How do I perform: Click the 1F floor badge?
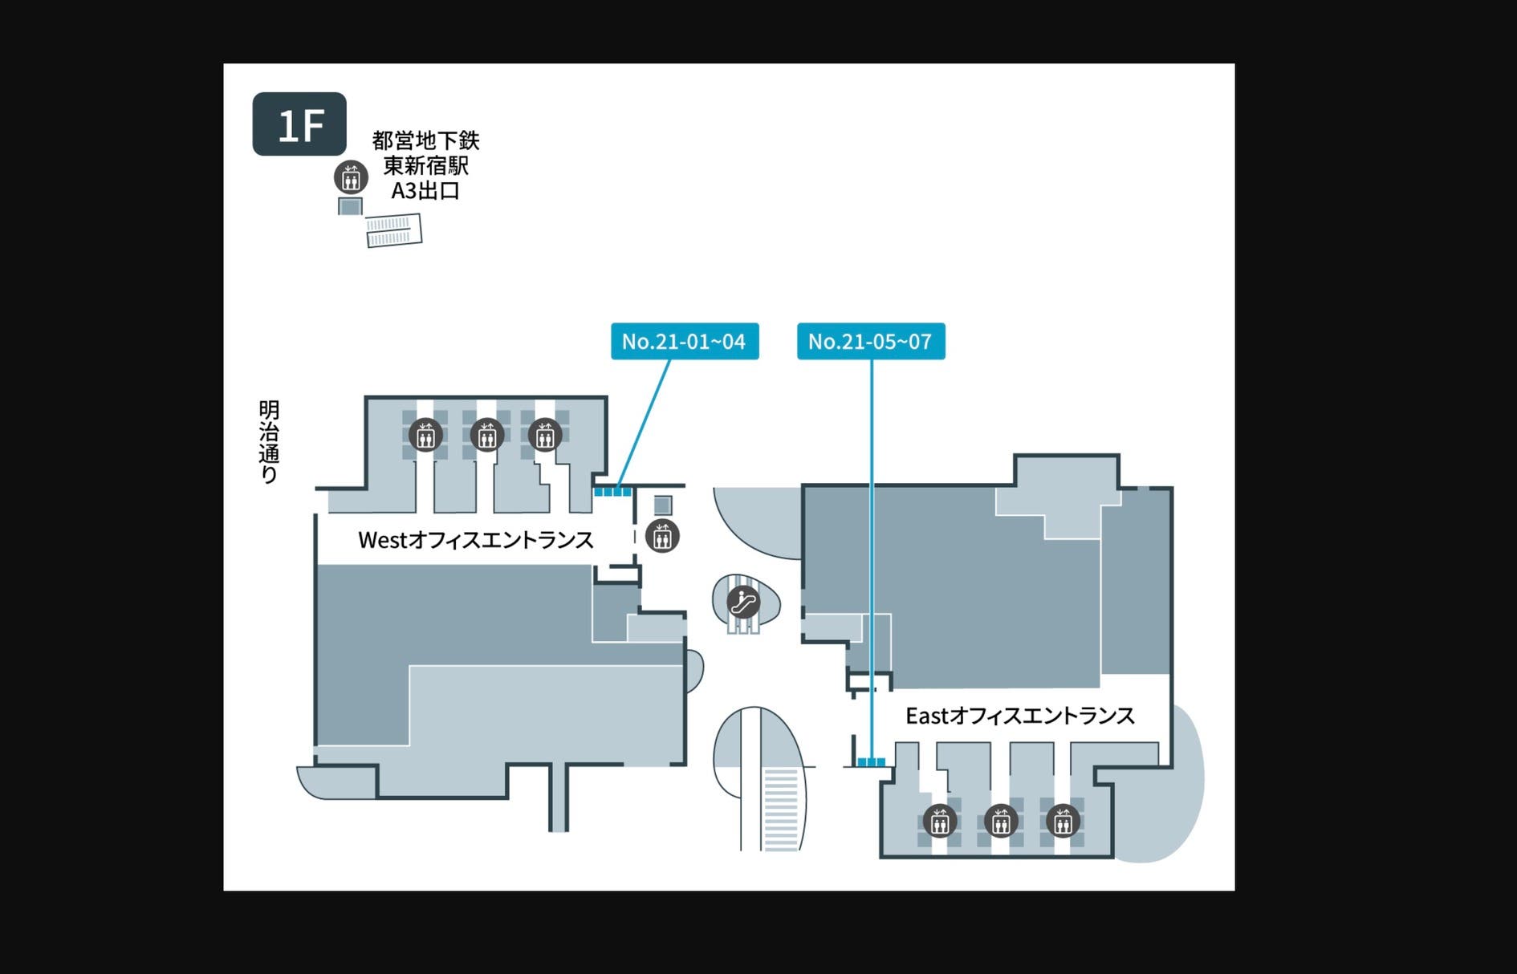tap(299, 124)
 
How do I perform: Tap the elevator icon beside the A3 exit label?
tap(351, 177)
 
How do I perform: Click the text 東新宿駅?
tap(425, 166)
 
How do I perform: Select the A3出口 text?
tap(425, 191)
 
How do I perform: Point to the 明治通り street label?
tap(269, 441)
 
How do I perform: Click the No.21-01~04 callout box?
tap(685, 342)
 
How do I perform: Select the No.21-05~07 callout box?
tap(871, 342)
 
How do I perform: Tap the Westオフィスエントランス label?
tap(475, 540)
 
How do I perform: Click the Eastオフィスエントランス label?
tap(1019, 716)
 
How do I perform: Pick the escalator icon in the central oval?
tap(743, 601)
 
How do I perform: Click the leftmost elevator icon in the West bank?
tap(425, 436)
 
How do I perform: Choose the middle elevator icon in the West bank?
tap(486, 436)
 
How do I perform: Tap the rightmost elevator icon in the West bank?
tap(545, 436)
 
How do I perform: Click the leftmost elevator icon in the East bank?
tap(939, 821)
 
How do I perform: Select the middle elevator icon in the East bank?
tap(1001, 821)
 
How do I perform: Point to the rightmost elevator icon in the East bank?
tap(1063, 821)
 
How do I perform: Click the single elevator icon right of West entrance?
tap(662, 536)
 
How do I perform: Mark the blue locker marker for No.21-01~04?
tap(612, 491)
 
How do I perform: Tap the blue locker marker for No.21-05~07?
tap(871, 761)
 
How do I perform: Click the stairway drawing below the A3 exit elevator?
tap(394, 230)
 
